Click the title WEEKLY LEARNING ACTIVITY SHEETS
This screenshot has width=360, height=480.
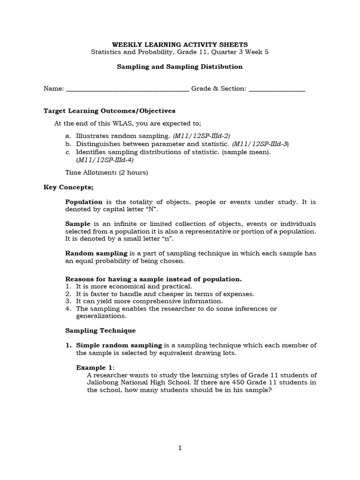[x=180, y=44]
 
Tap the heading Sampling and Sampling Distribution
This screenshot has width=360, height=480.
[x=180, y=67]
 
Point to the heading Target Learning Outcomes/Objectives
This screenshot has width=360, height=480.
[x=109, y=111]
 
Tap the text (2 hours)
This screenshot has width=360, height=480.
[x=134, y=172]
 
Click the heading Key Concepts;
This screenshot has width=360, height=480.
[x=68, y=187]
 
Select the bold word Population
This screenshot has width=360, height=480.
[x=84, y=202]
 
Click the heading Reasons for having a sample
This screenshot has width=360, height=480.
[x=153, y=279]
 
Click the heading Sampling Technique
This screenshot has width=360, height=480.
[x=100, y=330]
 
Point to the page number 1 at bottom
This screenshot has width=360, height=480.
[x=180, y=448]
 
